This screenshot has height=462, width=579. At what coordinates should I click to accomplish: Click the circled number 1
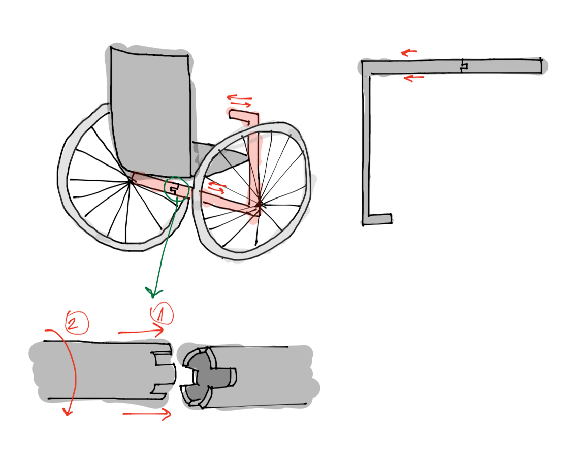[162, 314]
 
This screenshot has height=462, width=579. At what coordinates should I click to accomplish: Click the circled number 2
[77, 322]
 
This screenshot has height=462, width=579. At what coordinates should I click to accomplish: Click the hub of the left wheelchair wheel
[130, 181]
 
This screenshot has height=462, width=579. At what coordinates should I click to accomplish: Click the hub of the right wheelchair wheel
[259, 204]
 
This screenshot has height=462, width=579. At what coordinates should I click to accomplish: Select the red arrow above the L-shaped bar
[409, 52]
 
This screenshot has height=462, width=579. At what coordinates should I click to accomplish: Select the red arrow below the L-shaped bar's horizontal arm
[413, 78]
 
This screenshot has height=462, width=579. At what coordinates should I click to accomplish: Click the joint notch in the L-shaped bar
[463, 66]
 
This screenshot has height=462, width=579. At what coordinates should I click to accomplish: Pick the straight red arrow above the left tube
[141, 331]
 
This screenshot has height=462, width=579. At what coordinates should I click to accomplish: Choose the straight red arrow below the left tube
[147, 414]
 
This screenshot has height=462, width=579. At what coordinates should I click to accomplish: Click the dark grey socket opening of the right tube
[209, 376]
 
